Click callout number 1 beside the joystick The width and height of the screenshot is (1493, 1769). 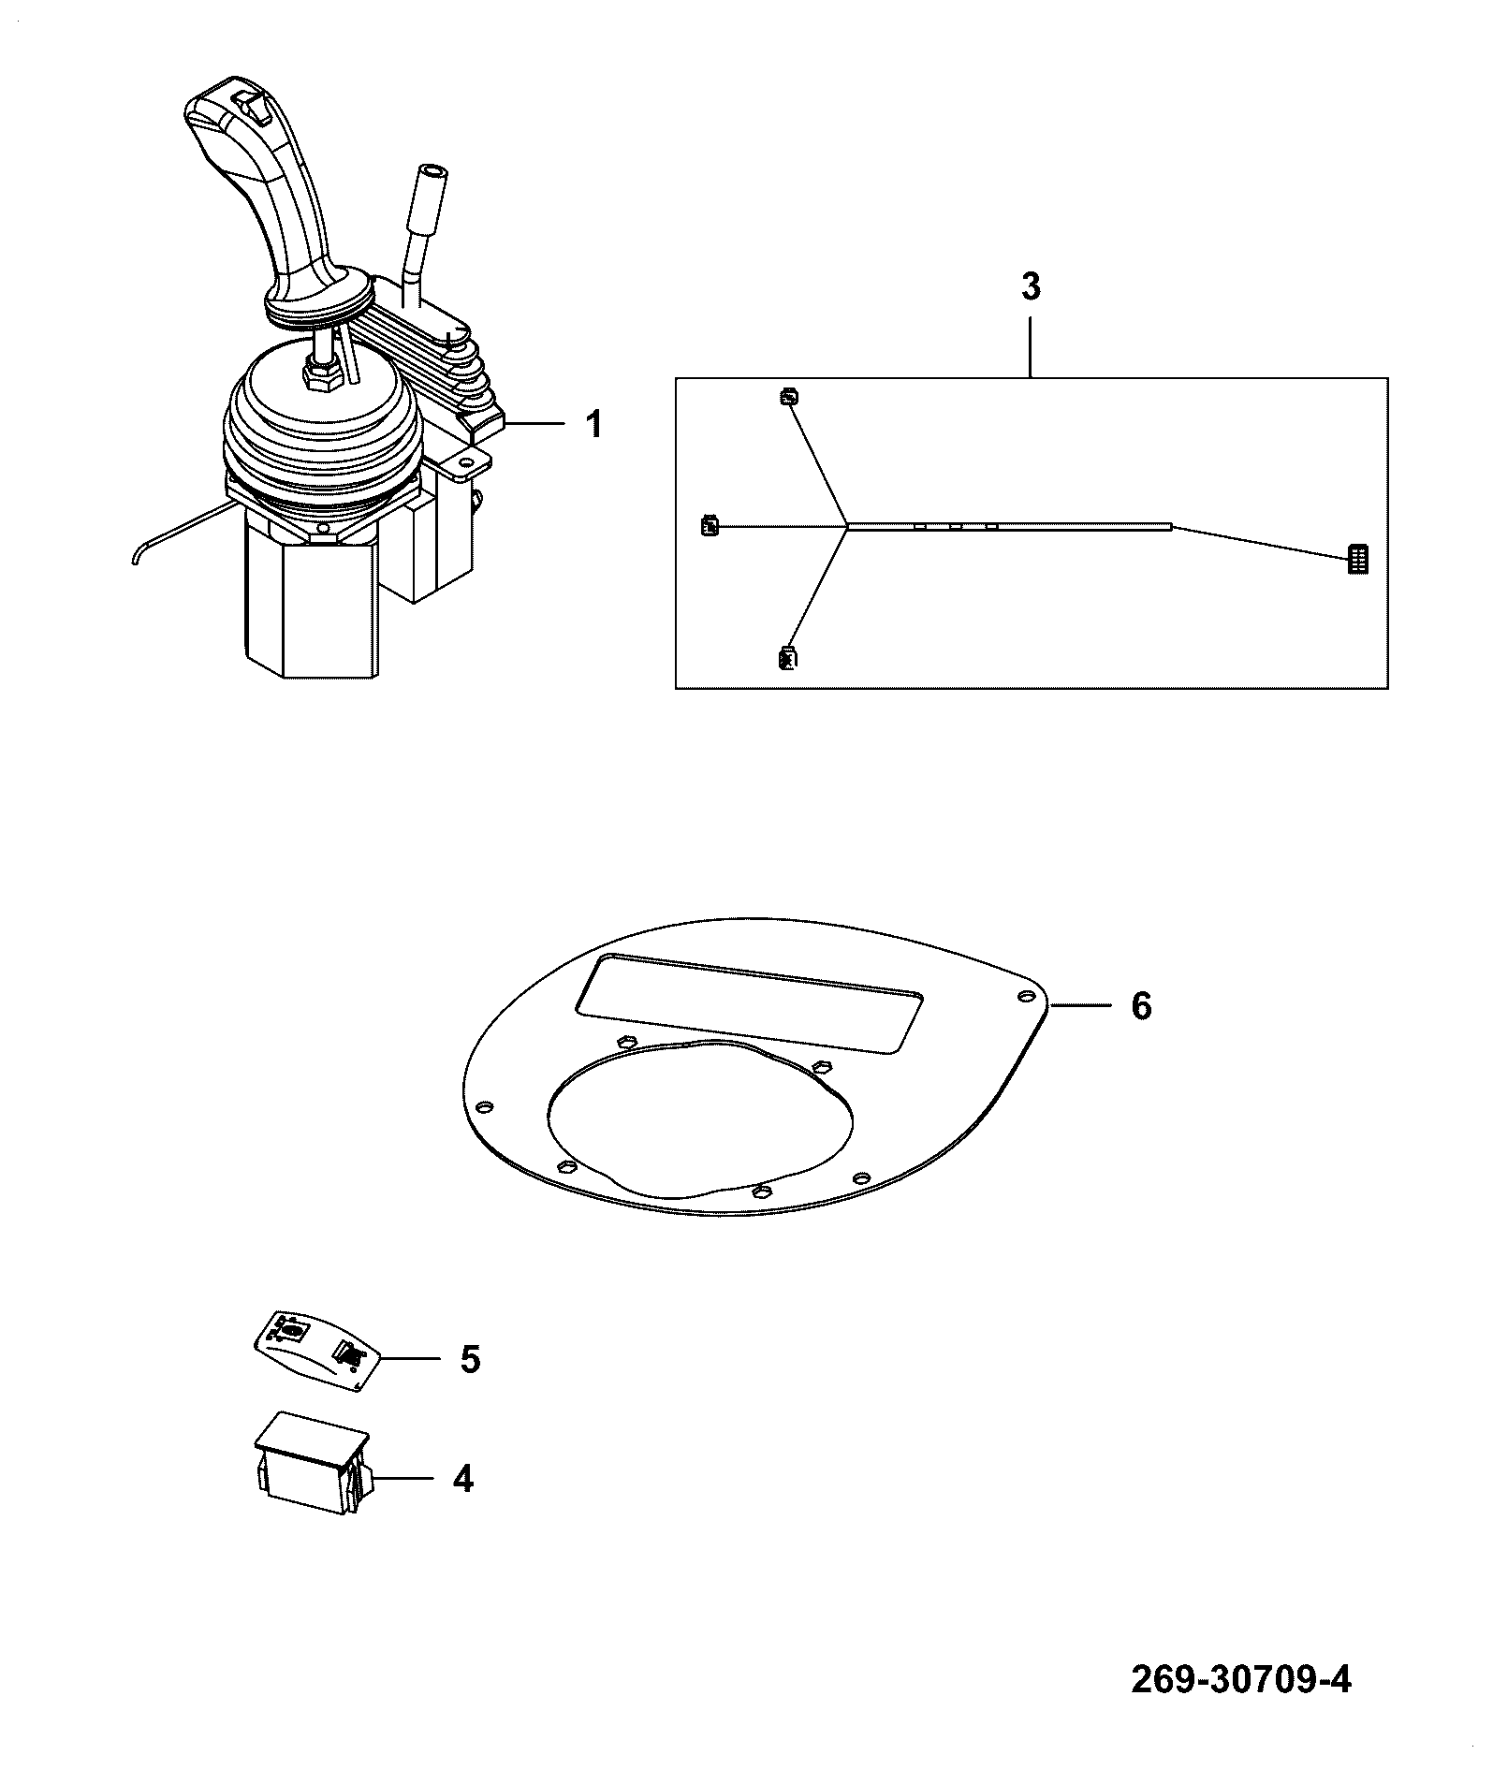[x=593, y=425]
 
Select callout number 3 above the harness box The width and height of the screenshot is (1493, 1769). [x=1031, y=286]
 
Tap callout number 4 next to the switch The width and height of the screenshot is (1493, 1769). [x=462, y=1479]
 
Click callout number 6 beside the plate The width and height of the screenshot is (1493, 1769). [x=1141, y=1006]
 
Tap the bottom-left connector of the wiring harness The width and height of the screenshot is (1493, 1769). [x=786, y=658]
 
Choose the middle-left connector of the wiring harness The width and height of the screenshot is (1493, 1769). [x=710, y=526]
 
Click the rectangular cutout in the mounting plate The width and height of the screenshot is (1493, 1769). [x=749, y=1000]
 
